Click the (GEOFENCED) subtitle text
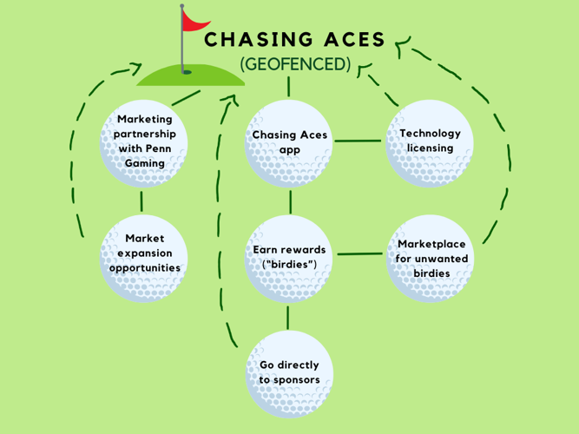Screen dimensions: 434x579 295,64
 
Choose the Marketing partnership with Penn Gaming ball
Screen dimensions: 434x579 145,142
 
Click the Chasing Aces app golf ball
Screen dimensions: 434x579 289,142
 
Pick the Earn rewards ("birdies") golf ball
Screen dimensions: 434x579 289,257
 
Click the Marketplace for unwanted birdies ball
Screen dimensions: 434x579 431,257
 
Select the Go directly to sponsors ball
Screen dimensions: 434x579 289,373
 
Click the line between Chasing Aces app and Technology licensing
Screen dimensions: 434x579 358,141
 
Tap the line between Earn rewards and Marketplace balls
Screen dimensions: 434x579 359,254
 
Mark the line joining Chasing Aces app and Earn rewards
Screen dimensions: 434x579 290,201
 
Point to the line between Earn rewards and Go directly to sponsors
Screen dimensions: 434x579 289,317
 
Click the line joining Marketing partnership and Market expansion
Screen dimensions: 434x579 141,201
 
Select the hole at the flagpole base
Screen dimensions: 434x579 187,72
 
